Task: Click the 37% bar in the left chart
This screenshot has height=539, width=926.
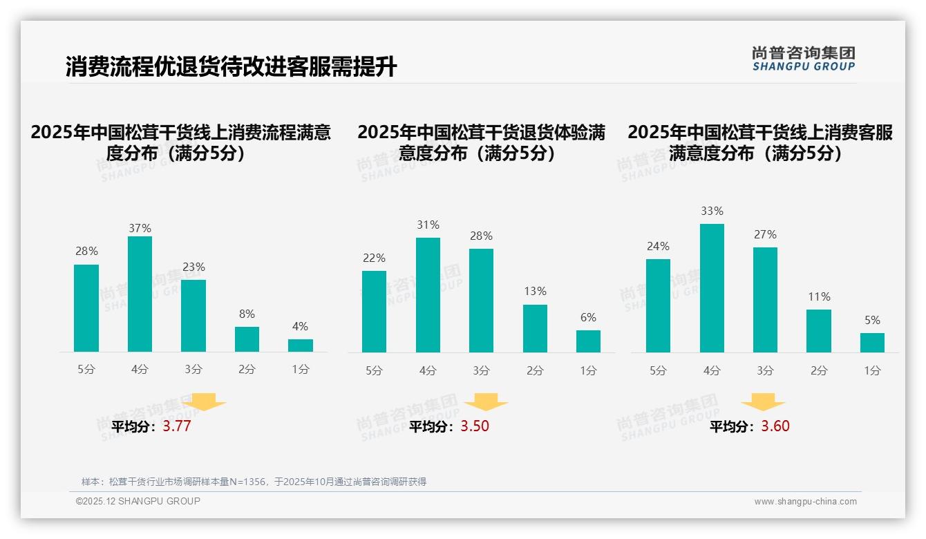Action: (x=140, y=294)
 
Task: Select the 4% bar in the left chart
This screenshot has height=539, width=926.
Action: (x=301, y=346)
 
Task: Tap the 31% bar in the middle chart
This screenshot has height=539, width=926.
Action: (x=428, y=295)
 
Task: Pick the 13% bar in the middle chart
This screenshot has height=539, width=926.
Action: (x=535, y=328)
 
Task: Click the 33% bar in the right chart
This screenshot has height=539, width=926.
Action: (x=712, y=288)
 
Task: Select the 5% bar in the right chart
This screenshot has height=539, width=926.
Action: (x=872, y=343)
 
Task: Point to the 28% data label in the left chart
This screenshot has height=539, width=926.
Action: (x=86, y=252)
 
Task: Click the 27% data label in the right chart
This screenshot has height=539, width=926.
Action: (x=765, y=235)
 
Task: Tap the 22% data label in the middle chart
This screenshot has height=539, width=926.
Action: (x=374, y=258)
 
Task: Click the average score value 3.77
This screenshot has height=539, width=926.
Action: (x=177, y=426)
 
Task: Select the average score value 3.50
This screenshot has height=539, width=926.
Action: (x=475, y=426)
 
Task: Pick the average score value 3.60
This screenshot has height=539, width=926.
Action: (x=775, y=426)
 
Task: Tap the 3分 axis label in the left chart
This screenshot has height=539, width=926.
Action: (x=193, y=370)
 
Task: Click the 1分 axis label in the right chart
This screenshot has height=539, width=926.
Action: (x=872, y=371)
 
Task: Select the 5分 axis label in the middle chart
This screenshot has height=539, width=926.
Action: (x=374, y=371)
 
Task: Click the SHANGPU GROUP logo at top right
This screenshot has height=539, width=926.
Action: (x=804, y=59)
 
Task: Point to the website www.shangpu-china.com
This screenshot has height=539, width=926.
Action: (x=805, y=502)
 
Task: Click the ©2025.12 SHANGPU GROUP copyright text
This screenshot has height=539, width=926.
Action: (x=138, y=501)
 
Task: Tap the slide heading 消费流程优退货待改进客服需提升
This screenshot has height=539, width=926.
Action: (x=231, y=67)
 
